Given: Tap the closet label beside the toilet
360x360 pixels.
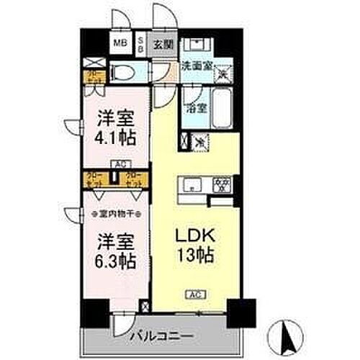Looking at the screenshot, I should click(93, 76).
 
